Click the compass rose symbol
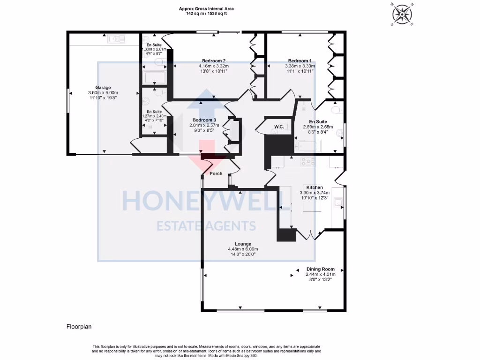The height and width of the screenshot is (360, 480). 402,14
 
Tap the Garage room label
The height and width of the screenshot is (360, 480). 103,88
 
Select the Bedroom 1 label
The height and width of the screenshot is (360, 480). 300,61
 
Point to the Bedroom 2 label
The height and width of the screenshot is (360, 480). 214,61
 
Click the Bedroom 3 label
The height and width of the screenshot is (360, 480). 204,120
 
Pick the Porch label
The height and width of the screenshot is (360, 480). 216,173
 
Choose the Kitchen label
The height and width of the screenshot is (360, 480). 315,187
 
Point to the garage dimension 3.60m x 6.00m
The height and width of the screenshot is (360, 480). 103,93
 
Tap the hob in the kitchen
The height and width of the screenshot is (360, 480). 307,162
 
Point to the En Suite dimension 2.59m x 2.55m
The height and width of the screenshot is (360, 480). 318,127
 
